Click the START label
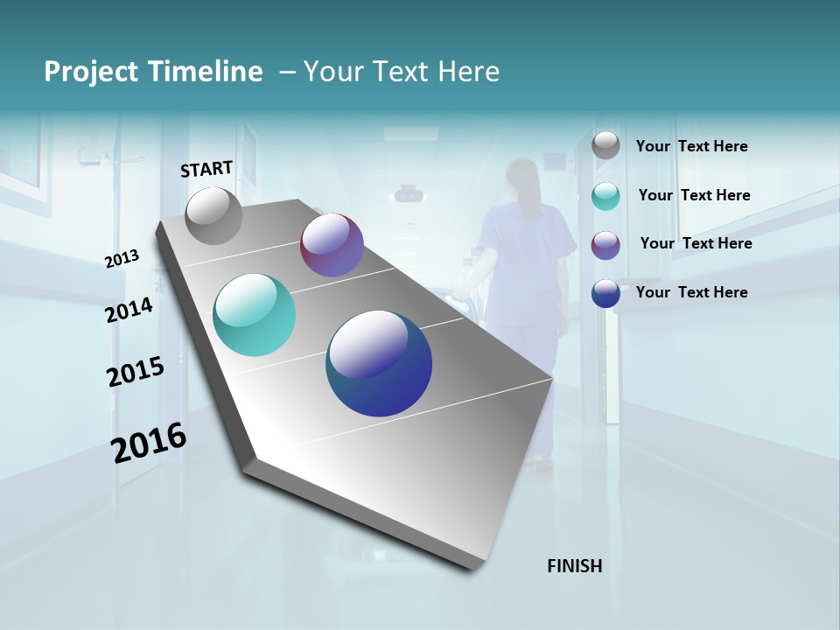pos(206,169)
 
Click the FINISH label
pos(575,566)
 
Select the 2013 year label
pos(122,259)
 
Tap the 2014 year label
pos(129,310)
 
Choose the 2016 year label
pos(149,443)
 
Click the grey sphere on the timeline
pos(213,216)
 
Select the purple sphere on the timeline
pos(332,245)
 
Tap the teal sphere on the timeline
pos(255,315)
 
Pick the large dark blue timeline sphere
pos(379,363)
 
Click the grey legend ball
pos(605,146)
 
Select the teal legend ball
pos(605,196)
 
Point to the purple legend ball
pos(605,245)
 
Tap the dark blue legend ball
pos(605,293)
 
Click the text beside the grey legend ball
pos(691,147)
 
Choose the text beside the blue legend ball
pos(691,292)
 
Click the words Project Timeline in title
pos(153,72)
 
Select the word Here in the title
pos(468,72)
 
